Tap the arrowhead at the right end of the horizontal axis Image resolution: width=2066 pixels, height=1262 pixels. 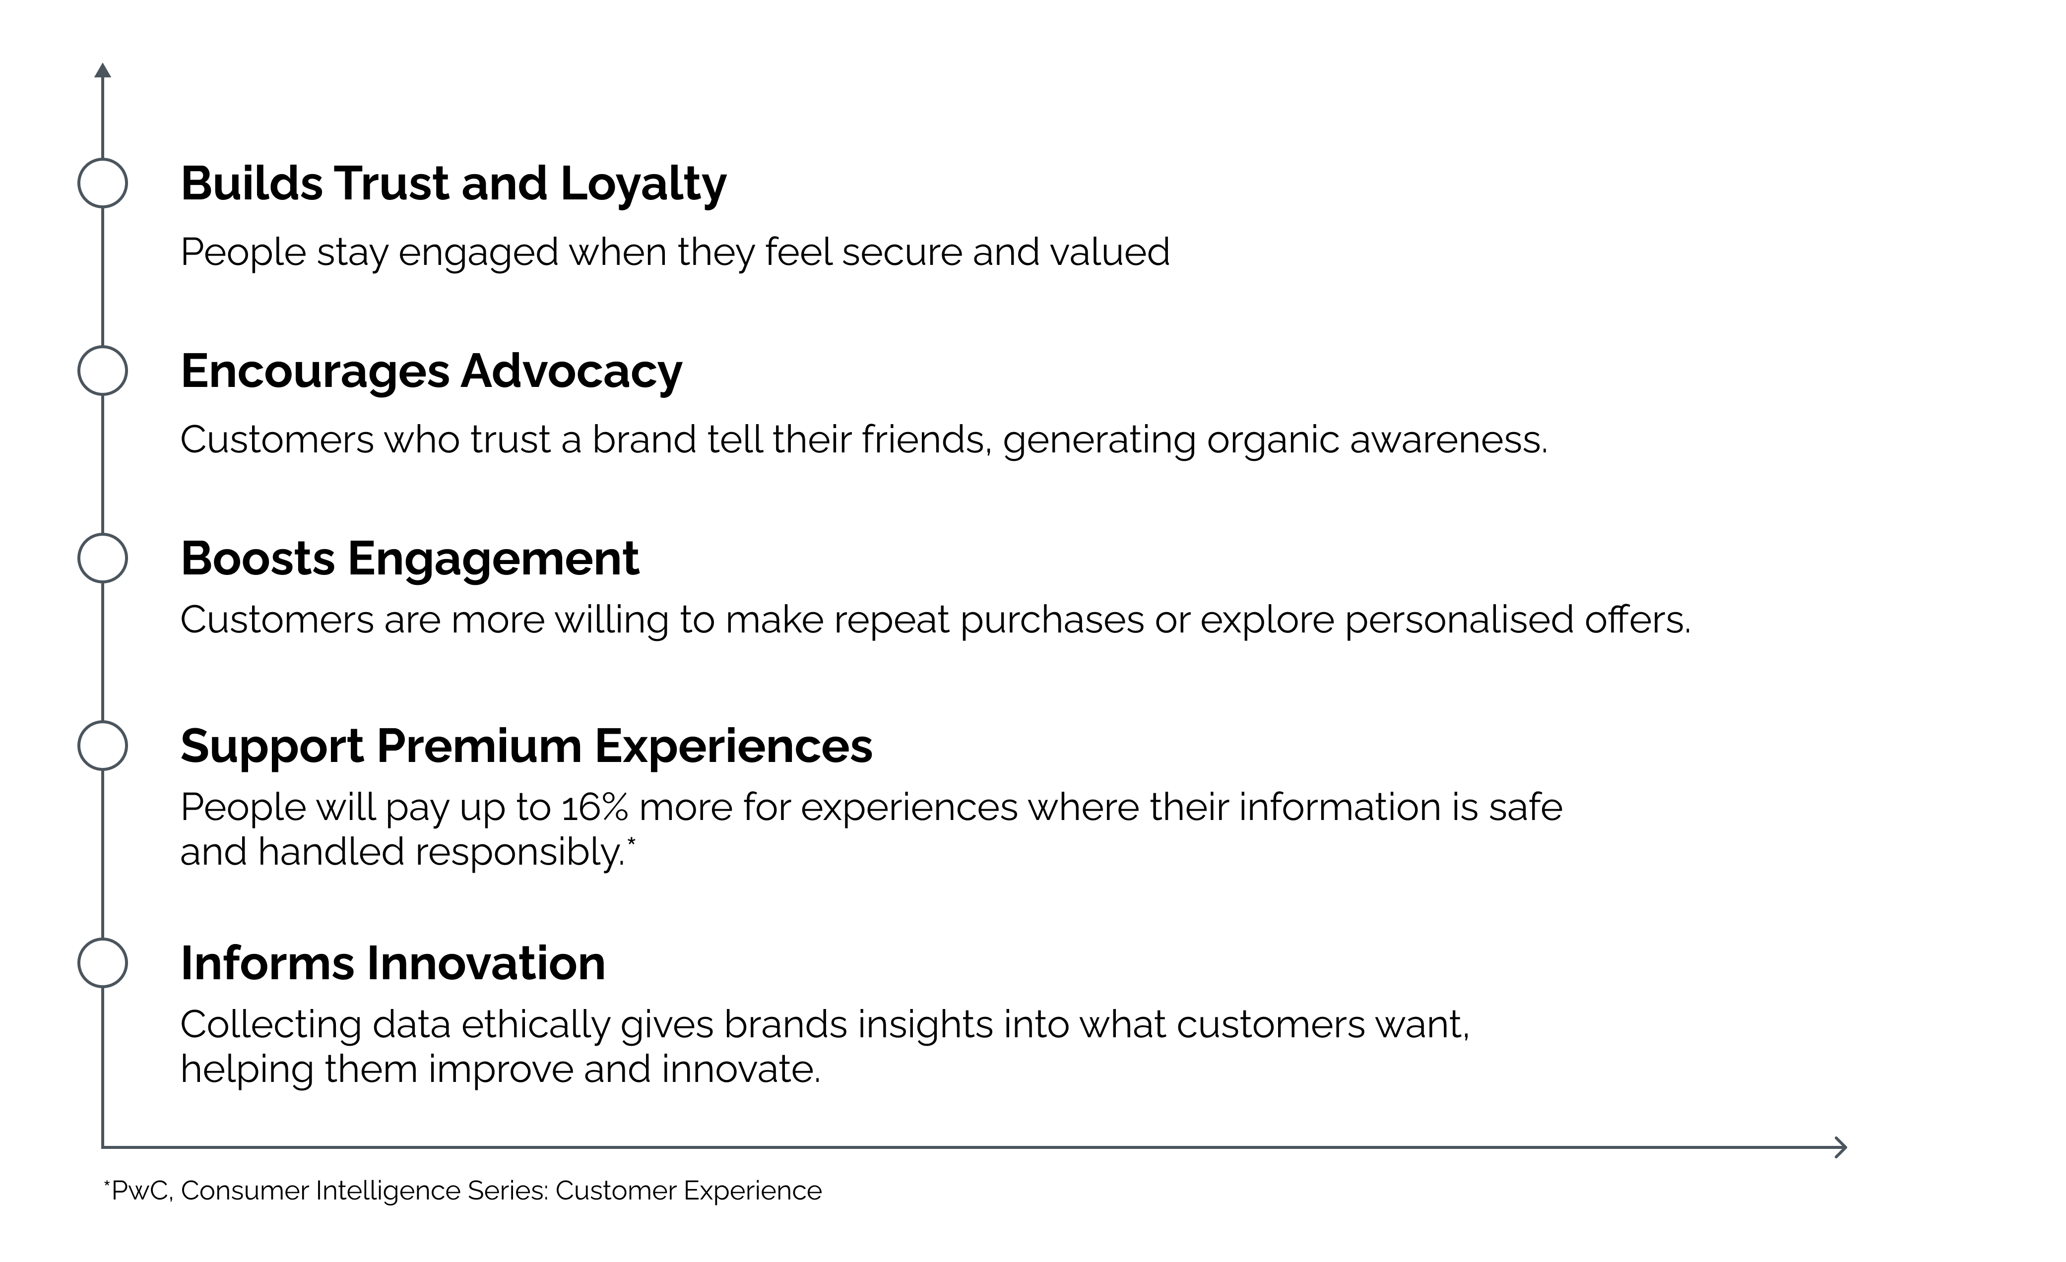pos(1841,1147)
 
